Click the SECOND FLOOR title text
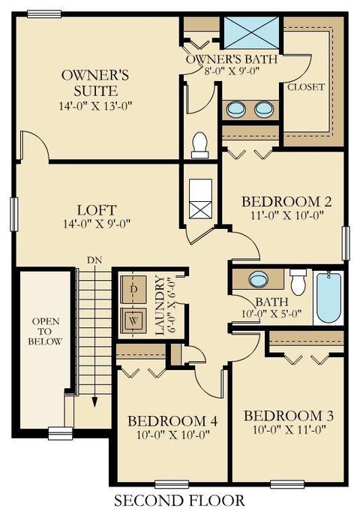pos(179,500)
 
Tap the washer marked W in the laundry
pos(133,321)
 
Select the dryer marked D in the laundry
pos(133,290)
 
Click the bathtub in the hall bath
pos(328,298)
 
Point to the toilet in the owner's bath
pos(200,145)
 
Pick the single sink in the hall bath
pos(259,278)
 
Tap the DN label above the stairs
pos(94,260)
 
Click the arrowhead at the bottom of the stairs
pos(94,402)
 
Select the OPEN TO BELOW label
pos(45,331)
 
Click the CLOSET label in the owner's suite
pos(306,87)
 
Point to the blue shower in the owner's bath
pos(251,33)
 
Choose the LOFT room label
pos(97,210)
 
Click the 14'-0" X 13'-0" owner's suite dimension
pos(96,106)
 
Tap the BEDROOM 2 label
pos(286,201)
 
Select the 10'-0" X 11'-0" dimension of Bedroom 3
pos(289,429)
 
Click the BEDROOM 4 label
pos(172,421)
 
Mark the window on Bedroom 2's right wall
pos(346,243)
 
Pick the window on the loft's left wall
pos(14,214)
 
